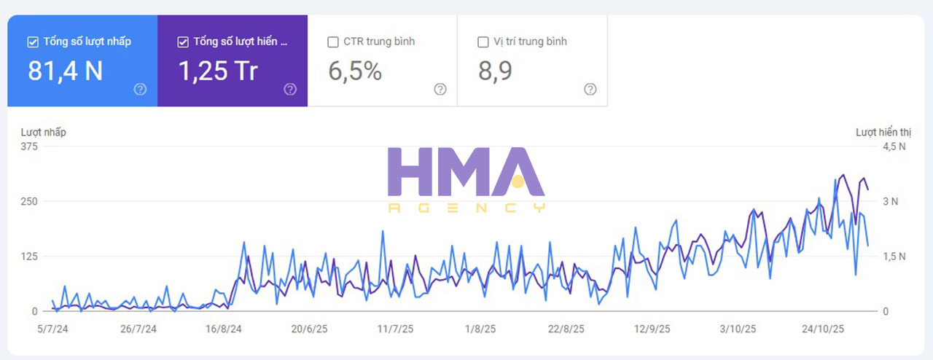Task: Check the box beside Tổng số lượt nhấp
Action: click(x=32, y=42)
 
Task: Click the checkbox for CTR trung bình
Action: click(x=333, y=42)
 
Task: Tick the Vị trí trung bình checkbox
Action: click(x=483, y=42)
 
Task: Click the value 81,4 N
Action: click(x=65, y=71)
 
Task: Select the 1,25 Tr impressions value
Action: click(x=218, y=71)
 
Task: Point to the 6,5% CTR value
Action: click(x=355, y=71)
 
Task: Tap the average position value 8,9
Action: click(x=495, y=71)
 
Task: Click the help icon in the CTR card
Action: click(x=440, y=89)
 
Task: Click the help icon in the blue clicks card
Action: click(x=140, y=89)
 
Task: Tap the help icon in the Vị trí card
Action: click(x=590, y=89)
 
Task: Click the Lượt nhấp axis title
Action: click(x=43, y=132)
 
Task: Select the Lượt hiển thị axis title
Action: click(x=883, y=132)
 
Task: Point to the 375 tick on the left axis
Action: click(x=28, y=146)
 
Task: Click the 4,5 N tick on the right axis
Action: click(x=894, y=146)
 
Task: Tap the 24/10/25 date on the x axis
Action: click(x=823, y=329)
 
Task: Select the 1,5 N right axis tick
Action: click(x=894, y=257)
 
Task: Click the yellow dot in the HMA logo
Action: click(x=518, y=181)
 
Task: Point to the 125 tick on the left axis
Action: click(x=28, y=257)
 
